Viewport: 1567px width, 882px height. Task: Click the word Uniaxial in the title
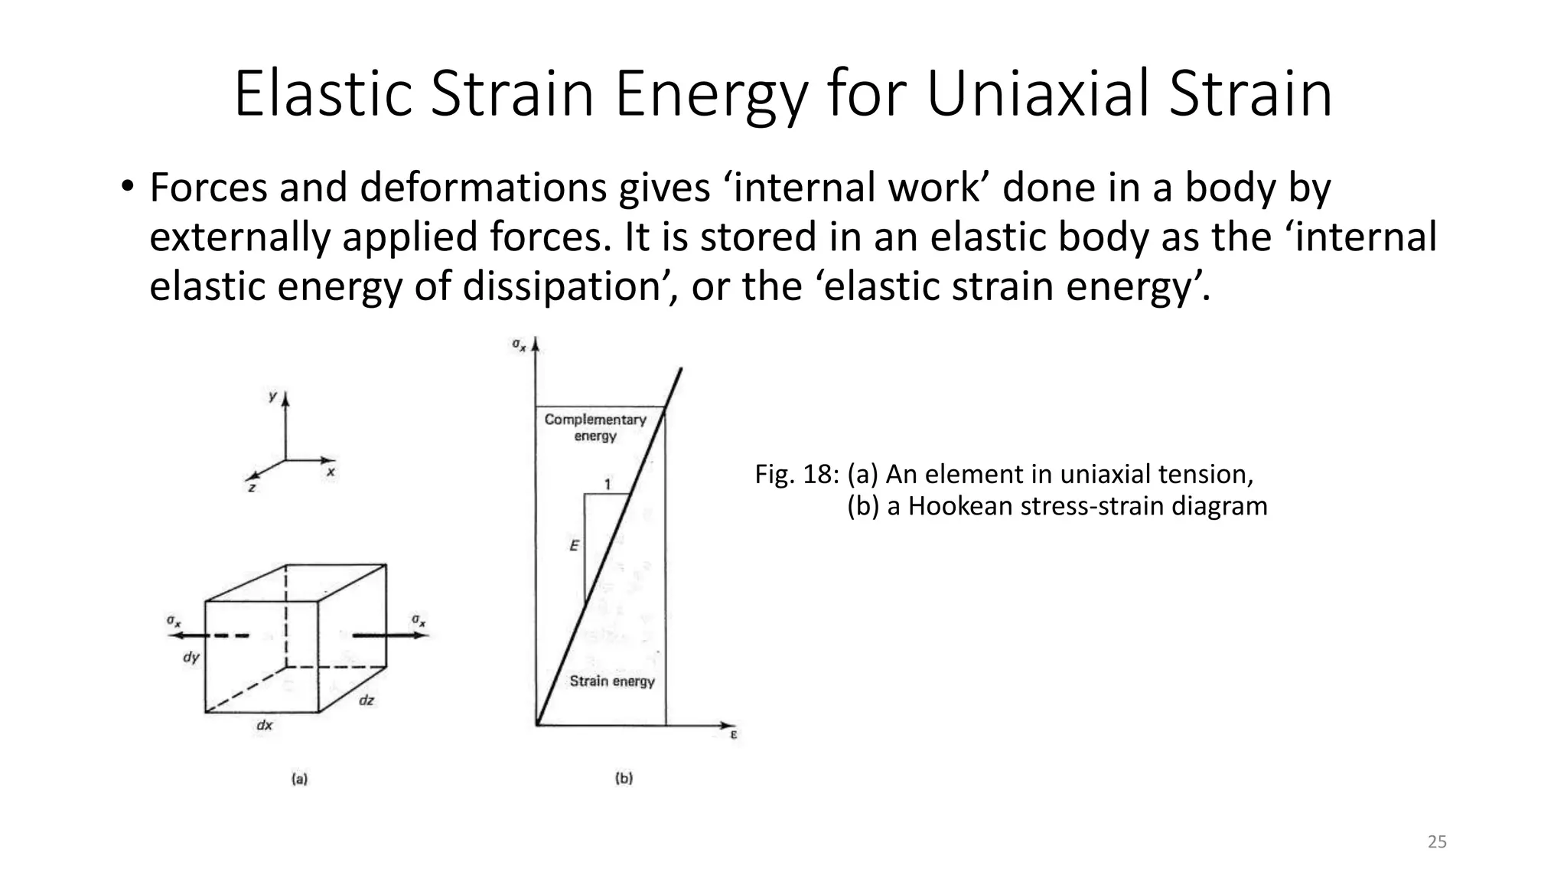pyautogui.click(x=1047, y=94)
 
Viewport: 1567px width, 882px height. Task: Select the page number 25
pyautogui.click(x=1437, y=842)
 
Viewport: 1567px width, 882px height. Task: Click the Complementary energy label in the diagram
pyautogui.click(x=595, y=427)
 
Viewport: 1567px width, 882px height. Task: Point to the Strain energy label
pyautogui.click(x=612, y=681)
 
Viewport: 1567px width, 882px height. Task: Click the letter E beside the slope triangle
pyautogui.click(x=574, y=546)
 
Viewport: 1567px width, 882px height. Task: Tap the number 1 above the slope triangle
pyautogui.click(x=608, y=484)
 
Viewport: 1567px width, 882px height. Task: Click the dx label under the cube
pyautogui.click(x=264, y=725)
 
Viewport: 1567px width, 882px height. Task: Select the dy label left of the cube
pyautogui.click(x=191, y=657)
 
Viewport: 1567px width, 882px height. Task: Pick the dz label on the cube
pyautogui.click(x=367, y=700)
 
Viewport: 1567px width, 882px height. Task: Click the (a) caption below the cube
pyautogui.click(x=299, y=779)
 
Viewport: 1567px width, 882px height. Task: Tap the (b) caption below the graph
pyautogui.click(x=624, y=779)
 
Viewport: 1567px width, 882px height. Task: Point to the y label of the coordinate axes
pyautogui.click(x=272, y=397)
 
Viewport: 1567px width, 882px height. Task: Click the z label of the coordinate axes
pyautogui.click(x=252, y=487)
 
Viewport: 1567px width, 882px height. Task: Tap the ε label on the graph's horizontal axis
pyautogui.click(x=733, y=735)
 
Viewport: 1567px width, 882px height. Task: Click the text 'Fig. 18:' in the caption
pyautogui.click(x=797, y=475)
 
